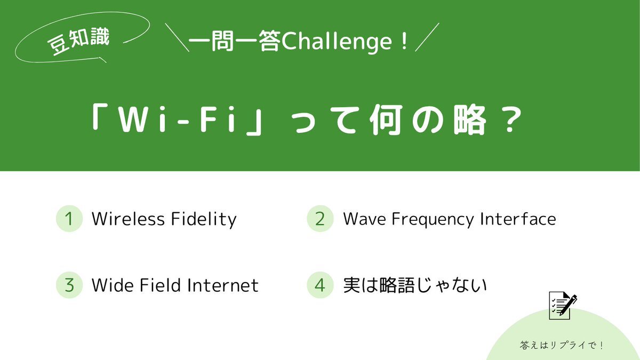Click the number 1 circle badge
click(x=69, y=219)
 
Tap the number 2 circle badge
click(x=320, y=219)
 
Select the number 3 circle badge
click(x=69, y=285)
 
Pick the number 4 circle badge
click(x=320, y=285)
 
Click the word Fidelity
click(x=204, y=220)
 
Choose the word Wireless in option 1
click(x=128, y=219)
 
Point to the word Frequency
click(x=433, y=220)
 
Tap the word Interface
click(x=518, y=219)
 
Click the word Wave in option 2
click(x=364, y=219)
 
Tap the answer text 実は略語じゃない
click(x=414, y=285)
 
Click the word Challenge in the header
click(x=337, y=42)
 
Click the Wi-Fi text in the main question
click(x=177, y=119)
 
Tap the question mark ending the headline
click(x=513, y=119)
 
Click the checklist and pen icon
click(x=562, y=305)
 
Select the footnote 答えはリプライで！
click(x=562, y=345)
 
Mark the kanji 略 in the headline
click(x=470, y=119)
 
